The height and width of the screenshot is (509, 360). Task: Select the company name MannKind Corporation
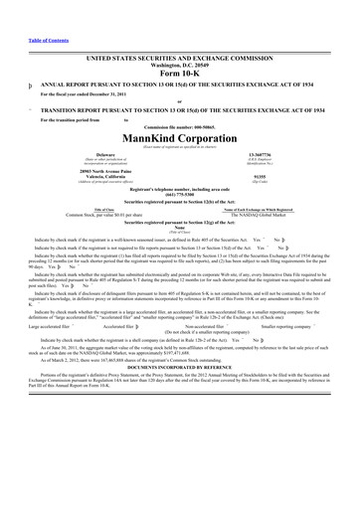[179, 110]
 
